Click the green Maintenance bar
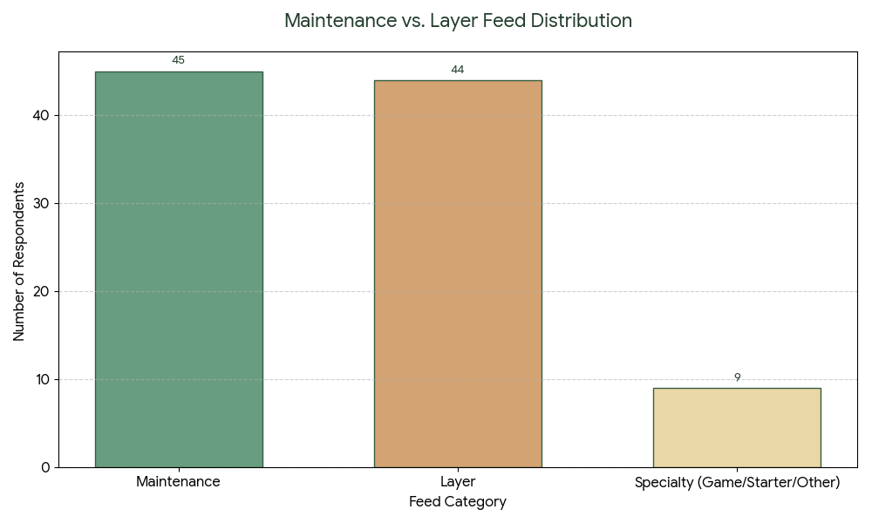pos(178,269)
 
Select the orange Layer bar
pos(458,274)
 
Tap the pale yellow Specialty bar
pos(737,427)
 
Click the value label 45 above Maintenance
pos(178,60)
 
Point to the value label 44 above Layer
pos(458,70)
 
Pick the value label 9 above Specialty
pos(737,377)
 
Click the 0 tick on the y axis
pos(45,468)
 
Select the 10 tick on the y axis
pos(42,380)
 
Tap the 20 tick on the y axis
pos(42,292)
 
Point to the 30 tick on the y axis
pos(42,204)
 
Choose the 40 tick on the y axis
pos(42,116)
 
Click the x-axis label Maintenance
pos(178,482)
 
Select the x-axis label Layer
pos(458,482)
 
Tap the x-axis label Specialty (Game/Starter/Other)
pos(737,482)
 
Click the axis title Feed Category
pos(458,502)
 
